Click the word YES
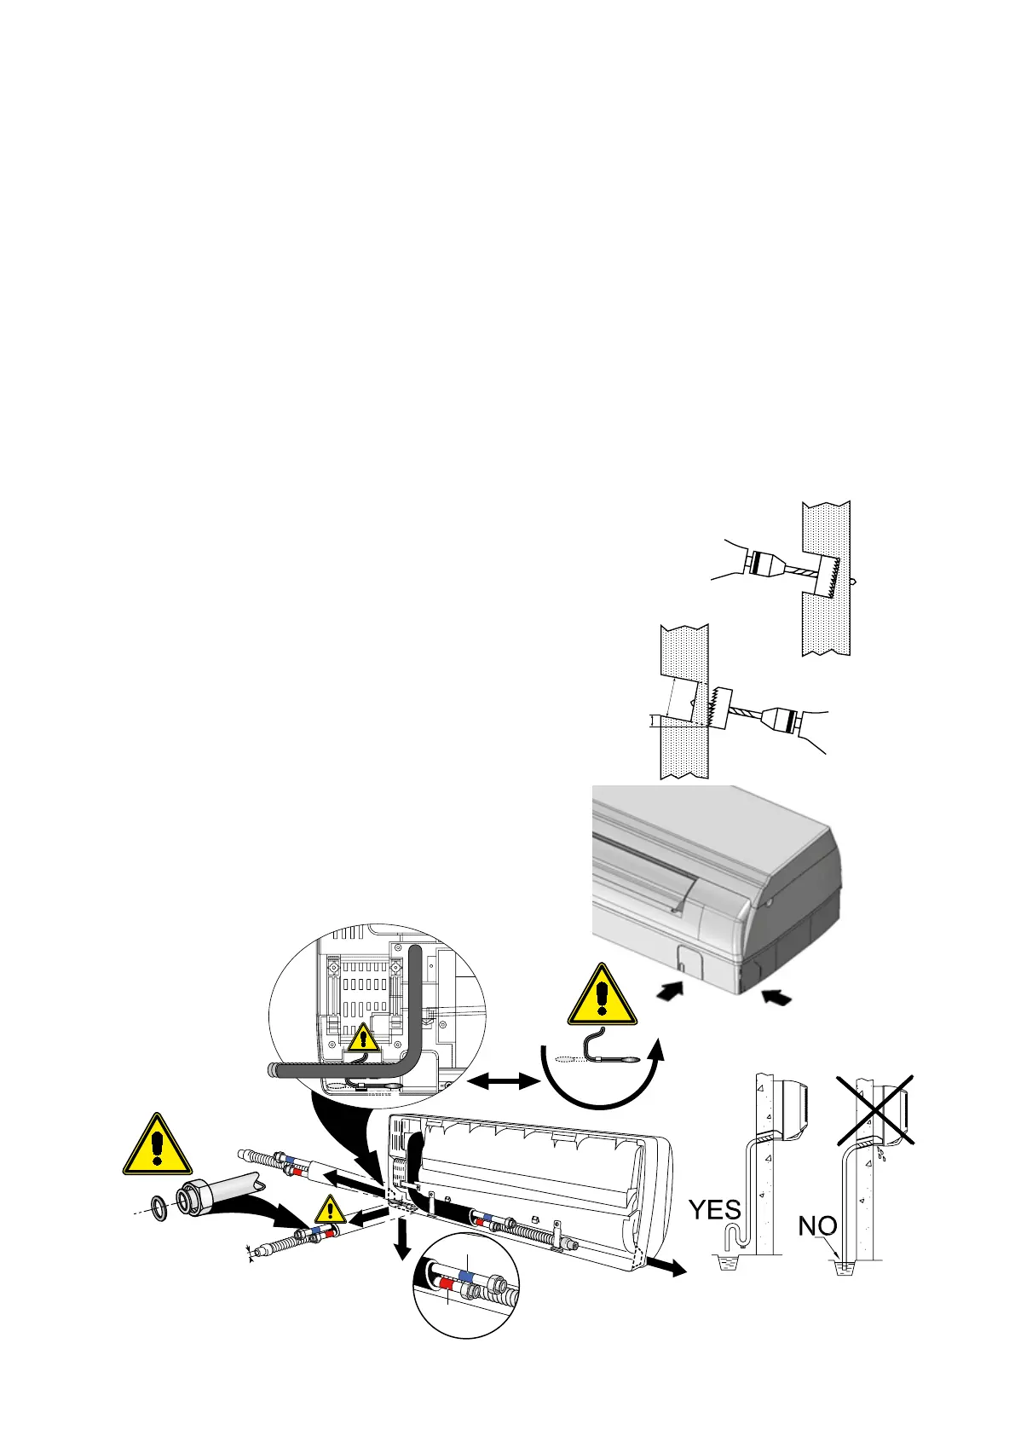point(714,1209)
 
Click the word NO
point(817,1227)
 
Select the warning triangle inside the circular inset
point(365,1038)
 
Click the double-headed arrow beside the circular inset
point(504,1081)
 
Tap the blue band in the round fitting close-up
point(466,1275)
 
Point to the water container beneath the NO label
point(843,1267)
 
